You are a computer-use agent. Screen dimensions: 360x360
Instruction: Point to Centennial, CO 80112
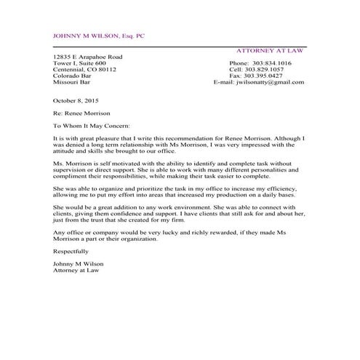(84, 70)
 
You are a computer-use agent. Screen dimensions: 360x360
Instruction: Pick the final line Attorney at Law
(76, 270)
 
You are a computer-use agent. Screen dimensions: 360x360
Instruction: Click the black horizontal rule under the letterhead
(179, 46)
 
